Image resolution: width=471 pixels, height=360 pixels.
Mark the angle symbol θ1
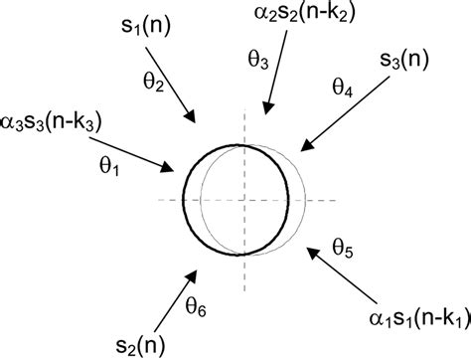click(x=109, y=170)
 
